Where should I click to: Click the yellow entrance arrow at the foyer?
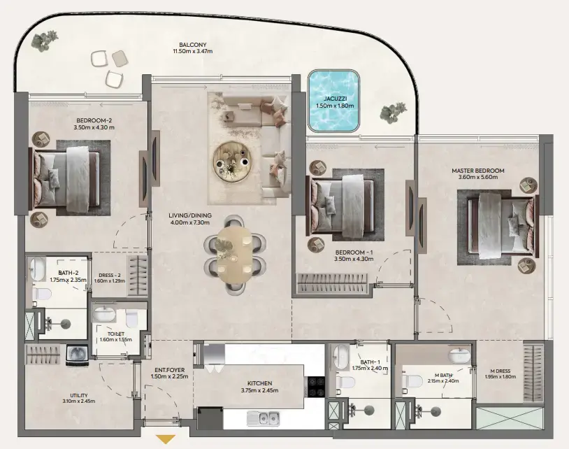pyautogui.click(x=166, y=439)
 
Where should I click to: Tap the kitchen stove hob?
pyautogui.click(x=315, y=387)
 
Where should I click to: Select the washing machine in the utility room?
pyautogui.click(x=76, y=354)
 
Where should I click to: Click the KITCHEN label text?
pyautogui.click(x=259, y=383)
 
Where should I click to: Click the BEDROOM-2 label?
pyautogui.click(x=93, y=120)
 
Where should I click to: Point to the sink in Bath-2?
pyautogui.click(x=37, y=269)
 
